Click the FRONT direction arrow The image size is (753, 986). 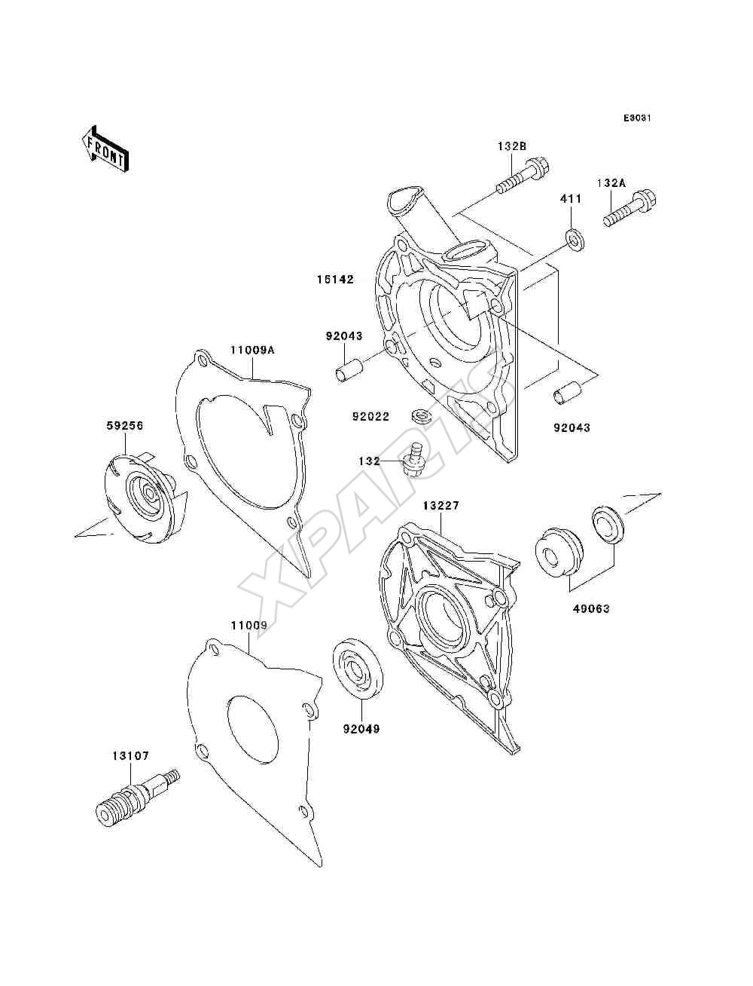[105, 149]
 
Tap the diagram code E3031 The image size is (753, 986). [637, 118]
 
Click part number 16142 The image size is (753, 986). [336, 280]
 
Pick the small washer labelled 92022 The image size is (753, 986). [422, 415]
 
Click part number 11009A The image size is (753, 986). [252, 350]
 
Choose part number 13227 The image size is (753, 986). [441, 506]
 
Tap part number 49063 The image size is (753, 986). [590, 608]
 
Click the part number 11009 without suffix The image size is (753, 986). [249, 625]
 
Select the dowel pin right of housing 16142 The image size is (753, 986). [568, 392]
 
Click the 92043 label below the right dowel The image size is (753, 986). [572, 427]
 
